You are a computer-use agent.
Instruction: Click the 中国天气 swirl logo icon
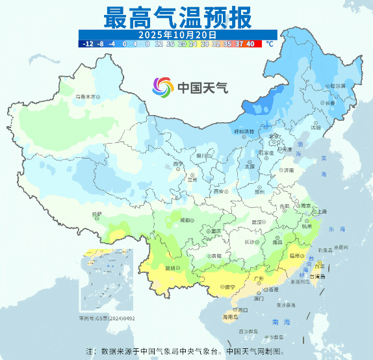click(163, 86)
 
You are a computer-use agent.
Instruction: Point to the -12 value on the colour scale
click(87, 44)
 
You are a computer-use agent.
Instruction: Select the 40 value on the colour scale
click(250, 44)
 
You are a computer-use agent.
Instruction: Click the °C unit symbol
click(269, 44)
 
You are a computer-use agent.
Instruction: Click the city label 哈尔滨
click(337, 86)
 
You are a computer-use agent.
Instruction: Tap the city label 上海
click(320, 211)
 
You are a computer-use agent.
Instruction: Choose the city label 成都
click(186, 220)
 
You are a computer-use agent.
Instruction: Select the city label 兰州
click(191, 180)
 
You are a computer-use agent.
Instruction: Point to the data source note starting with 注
click(185, 351)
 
